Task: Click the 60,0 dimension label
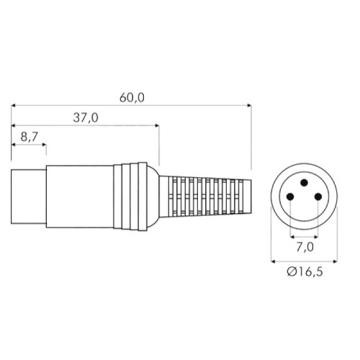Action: (x=132, y=98)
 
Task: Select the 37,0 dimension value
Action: (x=86, y=118)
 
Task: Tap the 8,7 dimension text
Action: (x=29, y=137)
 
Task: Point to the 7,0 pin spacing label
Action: (x=305, y=247)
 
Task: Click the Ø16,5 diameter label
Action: (x=305, y=271)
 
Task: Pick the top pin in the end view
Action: (x=304, y=183)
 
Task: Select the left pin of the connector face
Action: (x=290, y=197)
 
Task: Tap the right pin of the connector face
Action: (x=318, y=197)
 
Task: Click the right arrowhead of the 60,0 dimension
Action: (x=249, y=105)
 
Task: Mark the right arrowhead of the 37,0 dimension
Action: (x=157, y=125)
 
